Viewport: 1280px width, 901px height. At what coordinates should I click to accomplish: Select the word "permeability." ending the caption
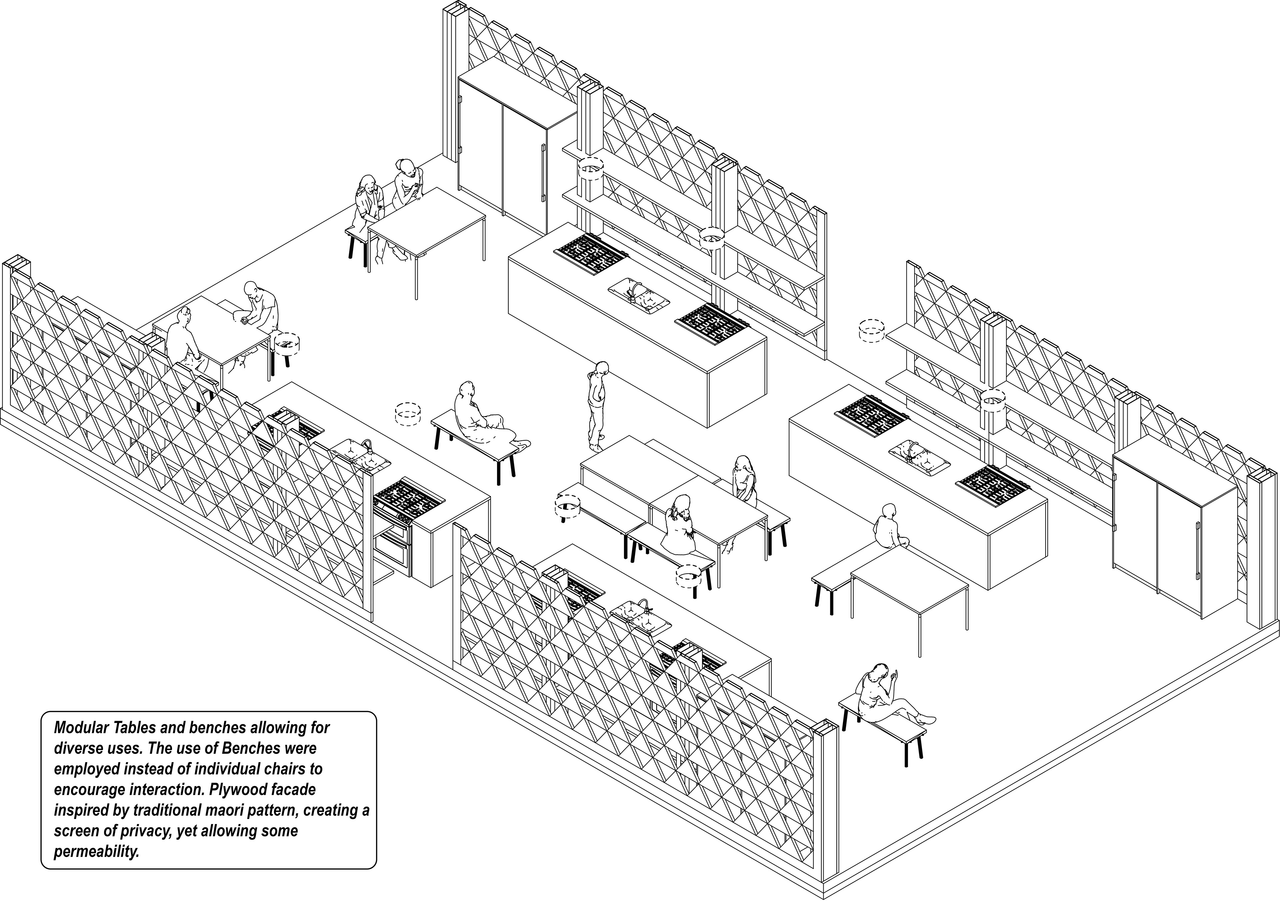click(96, 852)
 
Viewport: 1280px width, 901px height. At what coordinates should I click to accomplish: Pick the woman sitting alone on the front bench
click(881, 697)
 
